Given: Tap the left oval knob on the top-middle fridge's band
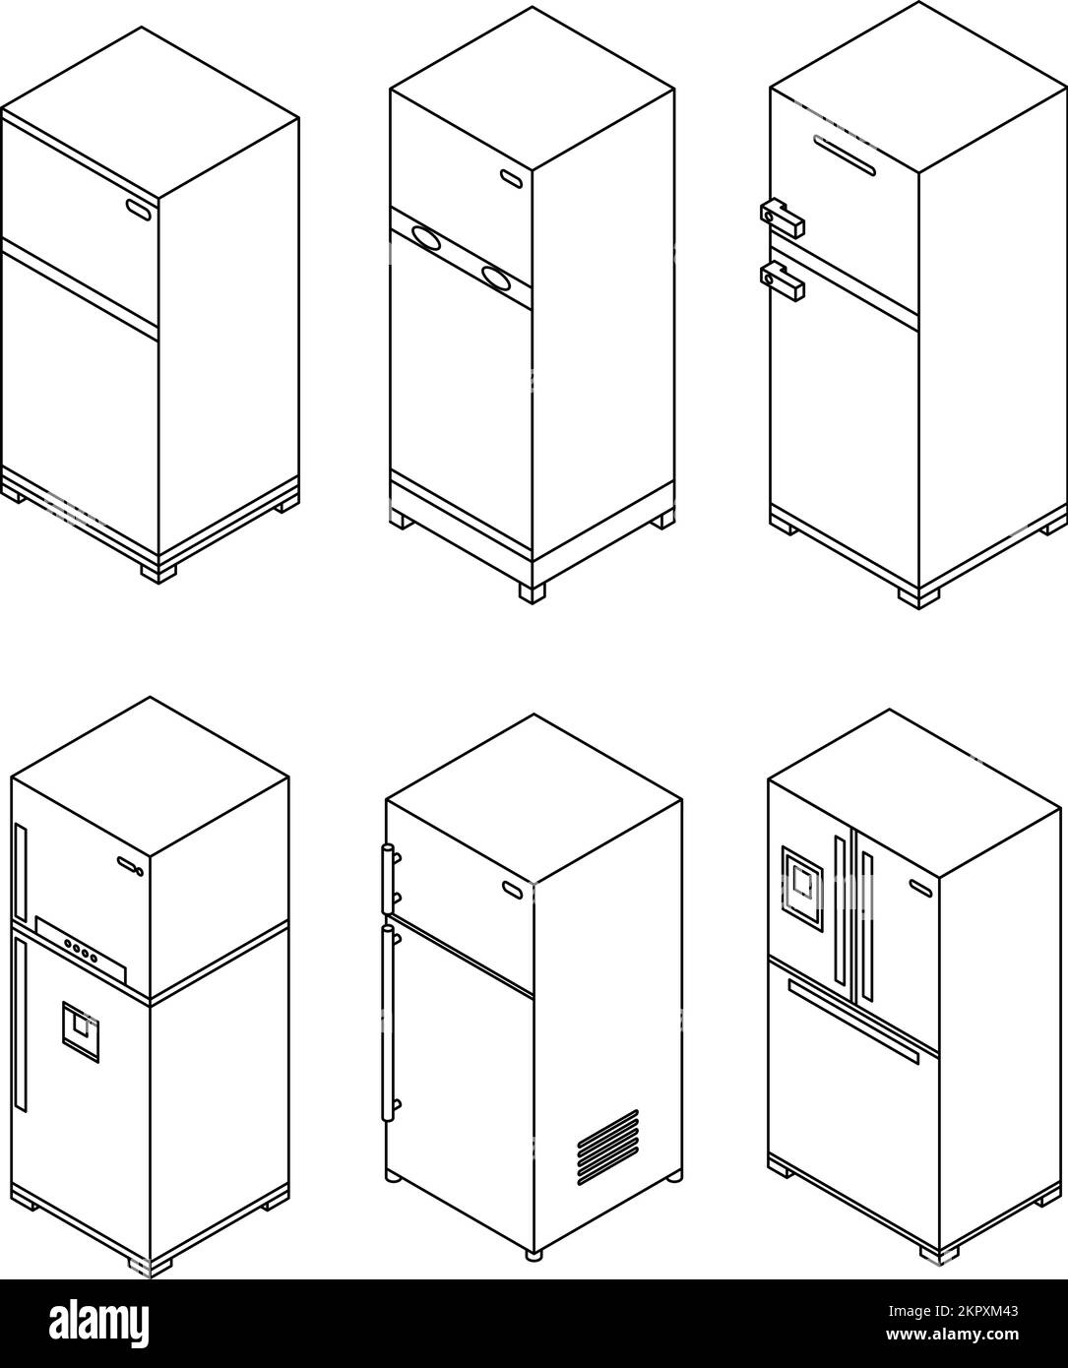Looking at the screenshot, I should [426, 239].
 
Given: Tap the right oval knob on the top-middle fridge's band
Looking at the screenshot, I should [496, 279].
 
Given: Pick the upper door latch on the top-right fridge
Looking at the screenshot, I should [783, 218].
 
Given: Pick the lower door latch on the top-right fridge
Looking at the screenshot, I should [783, 280].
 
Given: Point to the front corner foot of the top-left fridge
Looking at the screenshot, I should [157, 571].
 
